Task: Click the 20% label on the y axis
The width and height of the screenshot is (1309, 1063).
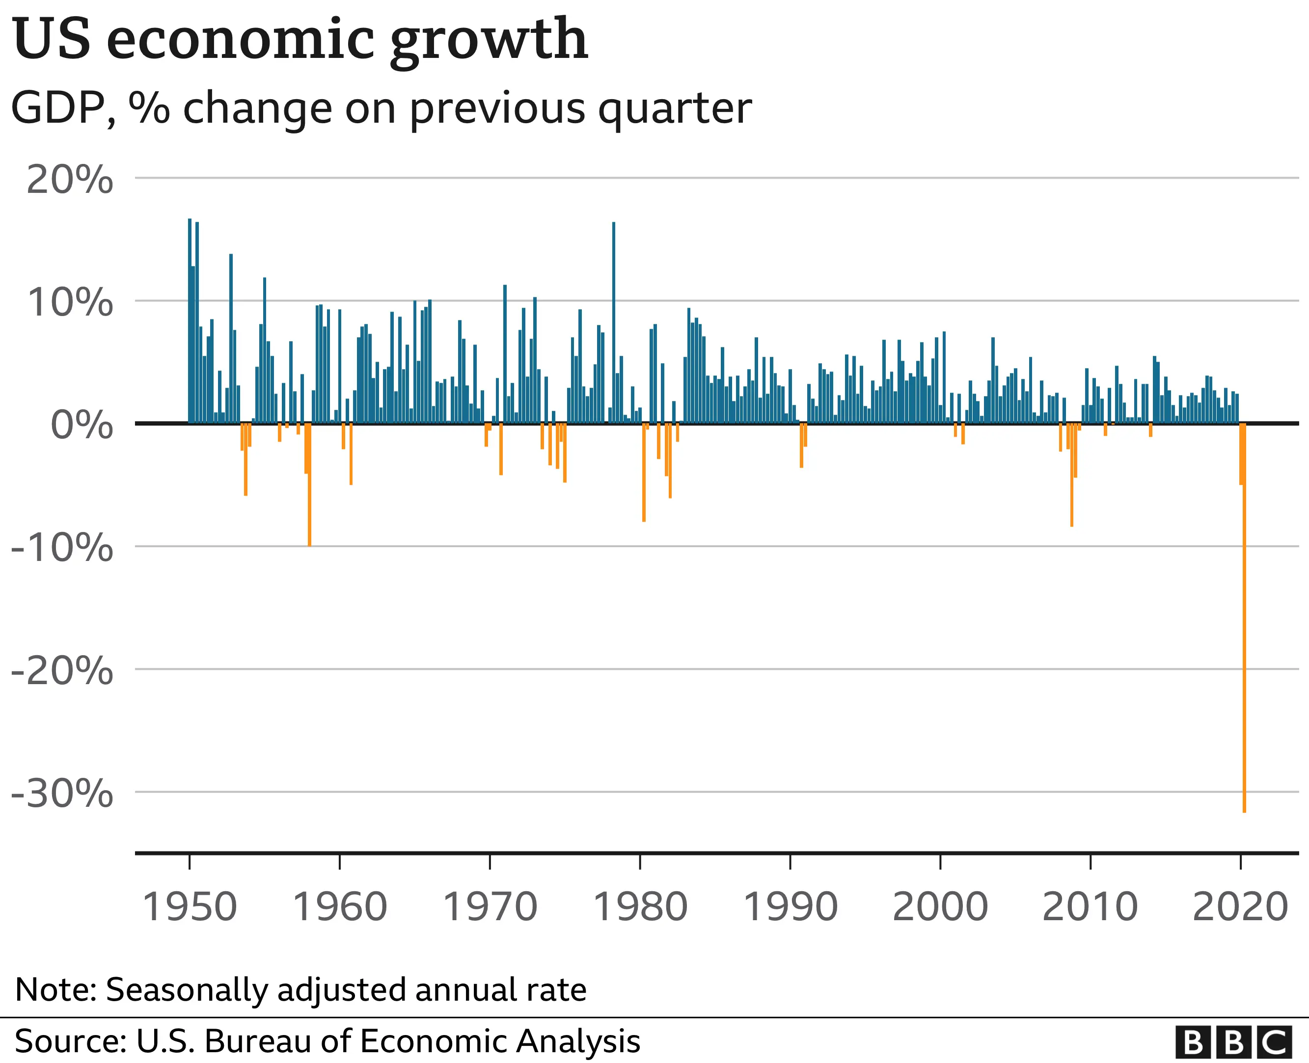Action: pyautogui.click(x=69, y=180)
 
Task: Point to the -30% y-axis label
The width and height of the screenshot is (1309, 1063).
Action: pyautogui.click(x=62, y=794)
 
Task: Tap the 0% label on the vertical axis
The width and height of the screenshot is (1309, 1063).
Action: pyautogui.click(x=82, y=425)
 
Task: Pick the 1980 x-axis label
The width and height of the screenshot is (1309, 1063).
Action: pyautogui.click(x=640, y=907)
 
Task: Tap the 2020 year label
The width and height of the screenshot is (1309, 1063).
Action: pyautogui.click(x=1240, y=907)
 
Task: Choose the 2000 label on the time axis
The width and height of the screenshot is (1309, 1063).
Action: pyautogui.click(x=940, y=907)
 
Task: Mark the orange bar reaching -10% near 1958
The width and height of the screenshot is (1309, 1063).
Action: pyautogui.click(x=309, y=490)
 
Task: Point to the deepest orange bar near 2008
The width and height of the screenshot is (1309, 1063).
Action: pyautogui.click(x=1071, y=478)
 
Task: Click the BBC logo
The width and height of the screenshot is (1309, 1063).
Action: pyautogui.click(x=1234, y=1041)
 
